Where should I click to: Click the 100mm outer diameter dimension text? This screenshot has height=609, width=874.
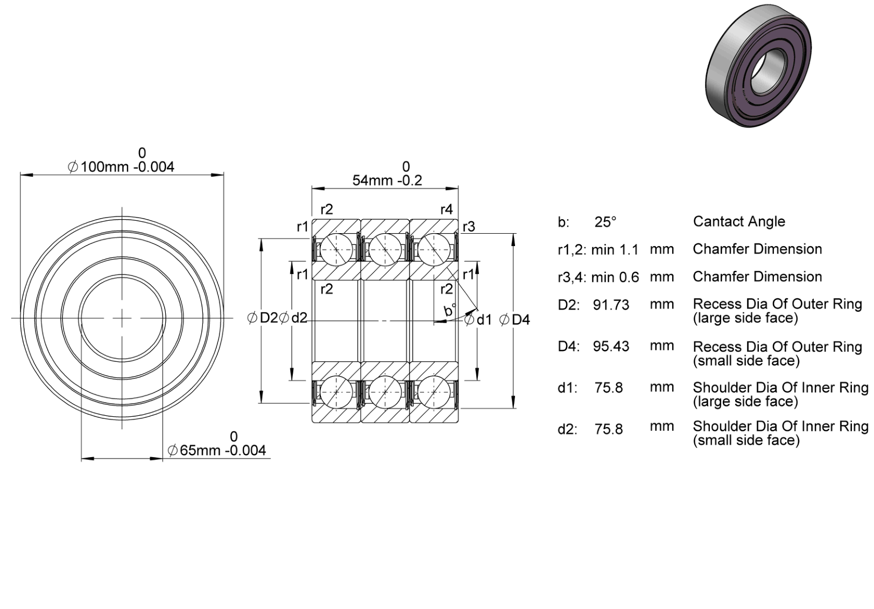(121, 167)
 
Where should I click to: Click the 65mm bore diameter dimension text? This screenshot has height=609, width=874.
(216, 451)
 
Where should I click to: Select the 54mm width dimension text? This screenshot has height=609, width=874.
(387, 180)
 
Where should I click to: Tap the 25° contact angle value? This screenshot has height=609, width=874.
(605, 222)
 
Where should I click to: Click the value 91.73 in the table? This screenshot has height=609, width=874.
(611, 305)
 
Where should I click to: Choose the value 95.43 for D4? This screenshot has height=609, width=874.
(611, 346)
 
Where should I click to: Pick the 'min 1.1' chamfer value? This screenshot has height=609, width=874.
(615, 250)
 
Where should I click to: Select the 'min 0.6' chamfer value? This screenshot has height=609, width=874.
(615, 277)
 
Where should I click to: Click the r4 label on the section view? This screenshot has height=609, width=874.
(446, 209)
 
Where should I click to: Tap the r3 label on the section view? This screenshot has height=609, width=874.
(469, 226)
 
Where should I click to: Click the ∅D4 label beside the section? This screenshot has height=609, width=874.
(514, 320)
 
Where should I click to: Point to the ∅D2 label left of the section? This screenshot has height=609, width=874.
(263, 318)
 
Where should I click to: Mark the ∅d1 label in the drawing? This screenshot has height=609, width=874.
(478, 320)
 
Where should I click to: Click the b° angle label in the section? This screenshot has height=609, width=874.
(450, 310)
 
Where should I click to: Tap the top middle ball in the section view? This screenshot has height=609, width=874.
(385, 249)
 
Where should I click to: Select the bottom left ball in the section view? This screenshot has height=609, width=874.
(336, 392)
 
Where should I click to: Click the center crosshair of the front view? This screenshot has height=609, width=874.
(123, 318)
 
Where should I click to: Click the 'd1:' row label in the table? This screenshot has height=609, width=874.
(568, 388)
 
